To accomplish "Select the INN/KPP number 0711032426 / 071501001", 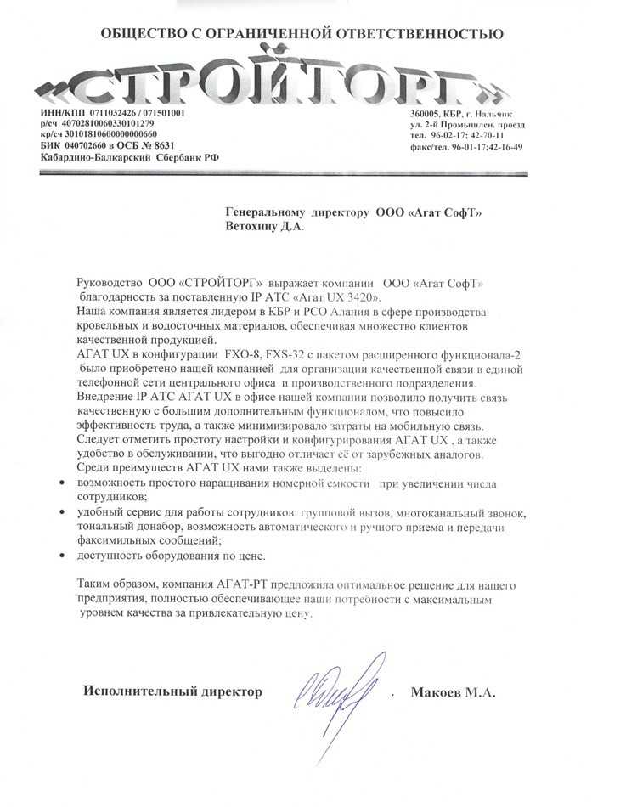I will pyautogui.click(x=137, y=113).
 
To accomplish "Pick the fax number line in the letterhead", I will pyautogui.click(x=466, y=146).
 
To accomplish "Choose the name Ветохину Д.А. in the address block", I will pyautogui.click(x=262, y=226).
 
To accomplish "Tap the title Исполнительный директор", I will pyautogui.click(x=172, y=691).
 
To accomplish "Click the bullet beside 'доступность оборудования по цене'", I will pyautogui.click(x=68, y=556).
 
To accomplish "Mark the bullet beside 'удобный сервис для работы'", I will pyautogui.click(x=68, y=513).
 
